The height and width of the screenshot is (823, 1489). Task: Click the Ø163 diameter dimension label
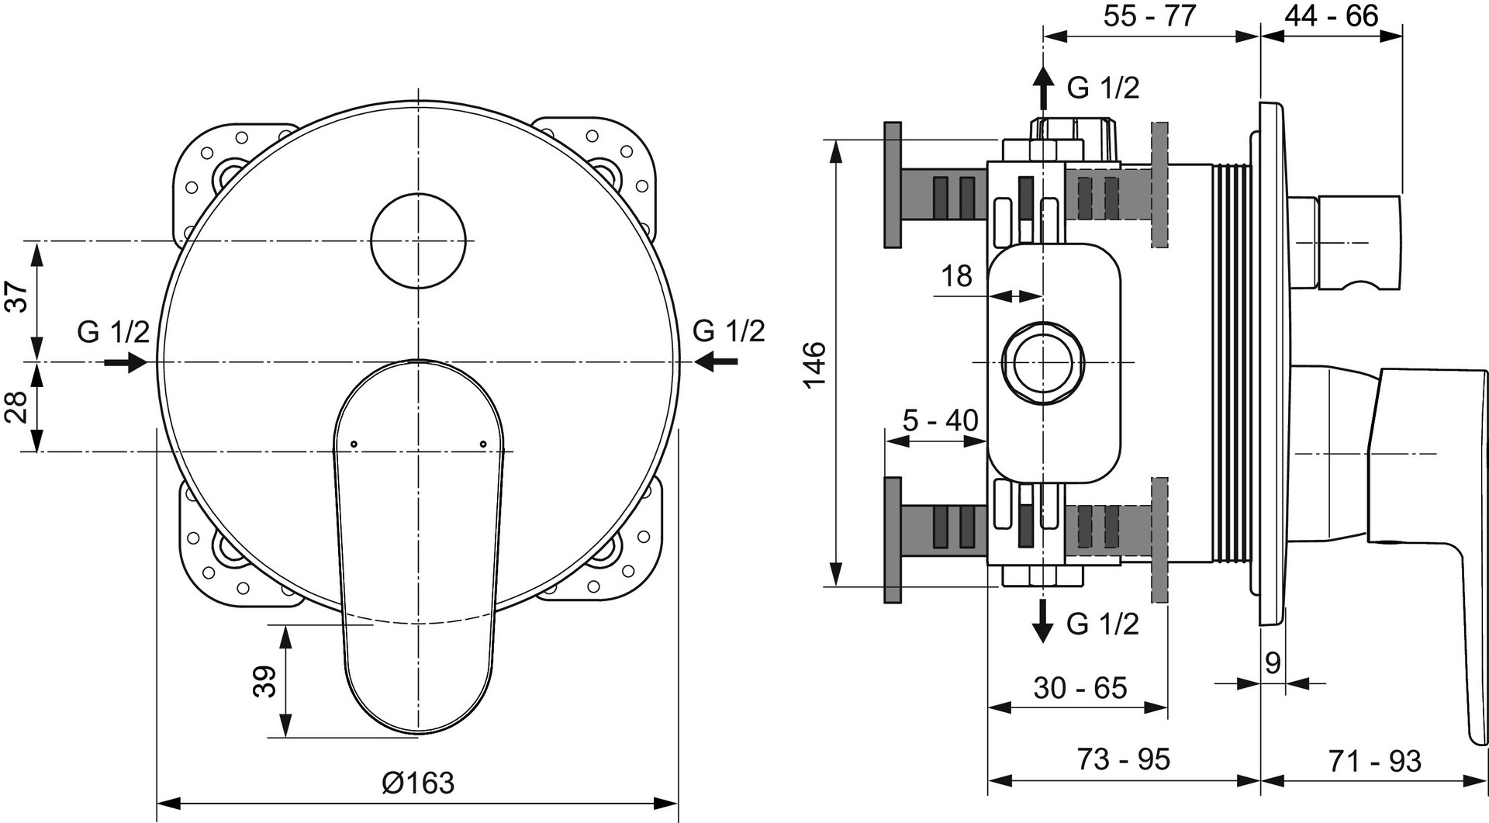[x=418, y=783]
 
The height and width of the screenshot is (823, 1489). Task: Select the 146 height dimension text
[x=814, y=364]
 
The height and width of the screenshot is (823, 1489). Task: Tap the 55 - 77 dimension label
[x=1149, y=16]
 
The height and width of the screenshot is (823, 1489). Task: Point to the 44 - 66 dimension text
[x=1332, y=16]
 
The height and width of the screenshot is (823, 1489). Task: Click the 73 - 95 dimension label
[x=1124, y=759]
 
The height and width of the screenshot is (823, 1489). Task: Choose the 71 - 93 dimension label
[x=1375, y=761]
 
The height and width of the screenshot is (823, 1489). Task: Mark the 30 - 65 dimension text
[x=1080, y=688]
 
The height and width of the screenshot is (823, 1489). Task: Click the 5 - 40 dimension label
[x=940, y=420]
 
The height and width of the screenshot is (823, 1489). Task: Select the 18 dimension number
[x=956, y=275]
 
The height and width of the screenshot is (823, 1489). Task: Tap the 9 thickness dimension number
[x=1273, y=662]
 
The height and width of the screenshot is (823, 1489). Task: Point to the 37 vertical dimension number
[x=17, y=297]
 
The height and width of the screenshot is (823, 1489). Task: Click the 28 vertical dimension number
[x=17, y=406]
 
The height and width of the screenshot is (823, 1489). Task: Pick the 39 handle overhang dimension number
[x=264, y=682]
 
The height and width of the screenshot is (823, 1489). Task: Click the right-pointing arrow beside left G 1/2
[x=126, y=361]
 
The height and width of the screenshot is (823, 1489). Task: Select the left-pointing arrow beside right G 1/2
[x=716, y=361]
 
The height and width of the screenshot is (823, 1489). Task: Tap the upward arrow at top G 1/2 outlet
[x=1044, y=87]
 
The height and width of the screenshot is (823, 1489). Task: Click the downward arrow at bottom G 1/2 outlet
[x=1044, y=621]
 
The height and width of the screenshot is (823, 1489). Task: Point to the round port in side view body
[x=1043, y=363]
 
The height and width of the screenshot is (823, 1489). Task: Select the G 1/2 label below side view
[x=1103, y=624]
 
